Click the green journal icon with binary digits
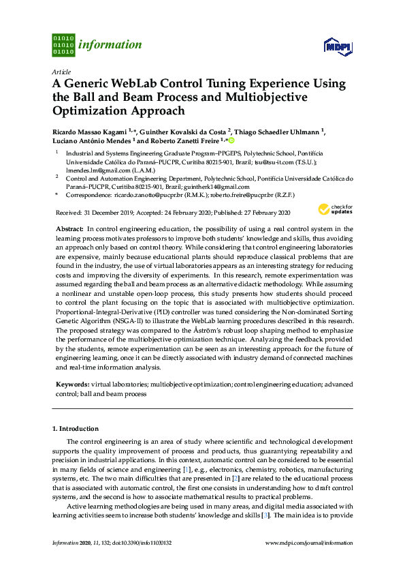63,44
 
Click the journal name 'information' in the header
110,45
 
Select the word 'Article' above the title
61,71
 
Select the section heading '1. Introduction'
76,428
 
